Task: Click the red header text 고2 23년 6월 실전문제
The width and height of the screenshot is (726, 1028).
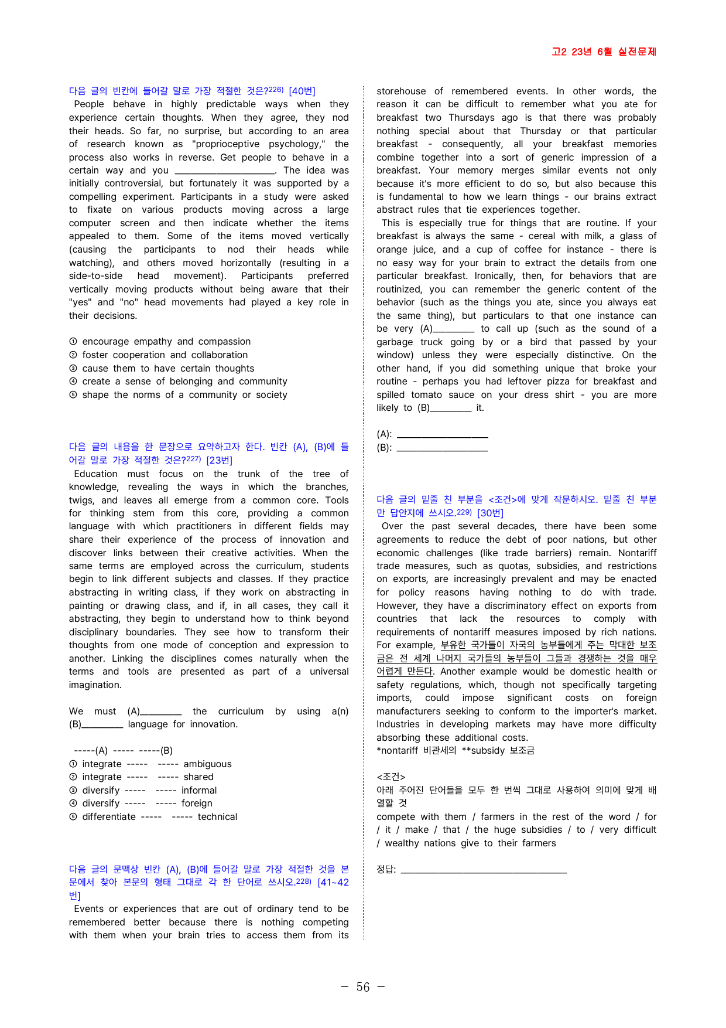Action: pyautogui.click(x=604, y=52)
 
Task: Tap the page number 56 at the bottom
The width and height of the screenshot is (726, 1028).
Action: pyautogui.click(x=363, y=987)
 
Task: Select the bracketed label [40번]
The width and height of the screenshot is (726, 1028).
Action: pyautogui.click(x=302, y=91)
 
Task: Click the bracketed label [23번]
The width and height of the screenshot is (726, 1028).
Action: pyautogui.click(x=219, y=460)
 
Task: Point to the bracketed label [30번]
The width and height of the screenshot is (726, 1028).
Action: pyautogui.click(x=490, y=513)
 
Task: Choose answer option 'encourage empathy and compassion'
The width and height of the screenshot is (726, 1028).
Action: pyautogui.click(x=166, y=342)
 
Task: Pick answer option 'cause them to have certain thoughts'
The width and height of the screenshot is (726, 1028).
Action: pyautogui.click(x=168, y=369)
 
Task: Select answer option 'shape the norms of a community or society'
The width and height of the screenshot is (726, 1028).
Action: pyautogui.click(x=184, y=395)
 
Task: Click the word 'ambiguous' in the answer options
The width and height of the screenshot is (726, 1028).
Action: pyautogui.click(x=207, y=764)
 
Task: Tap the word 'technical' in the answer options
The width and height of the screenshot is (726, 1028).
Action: pyautogui.click(x=217, y=817)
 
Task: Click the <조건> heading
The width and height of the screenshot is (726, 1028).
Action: pyautogui.click(x=391, y=777)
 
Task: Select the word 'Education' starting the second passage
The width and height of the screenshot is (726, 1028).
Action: pyautogui.click(x=95, y=474)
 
